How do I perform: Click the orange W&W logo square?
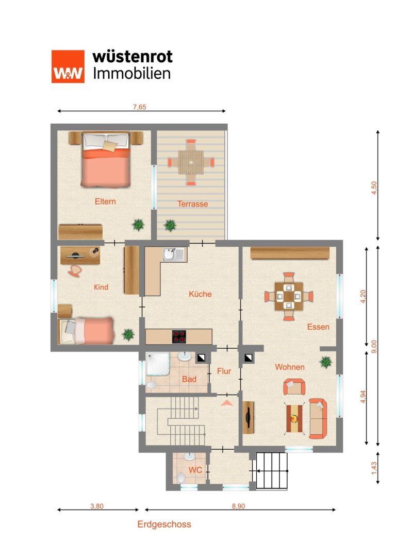68,66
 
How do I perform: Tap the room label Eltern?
105,201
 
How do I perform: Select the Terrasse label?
193,204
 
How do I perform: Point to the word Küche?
200,294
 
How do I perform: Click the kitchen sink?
174,254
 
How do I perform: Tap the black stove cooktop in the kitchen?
179,336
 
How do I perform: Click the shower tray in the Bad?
158,364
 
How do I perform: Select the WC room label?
195,470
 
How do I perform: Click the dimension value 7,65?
139,107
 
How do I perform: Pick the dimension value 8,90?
238,506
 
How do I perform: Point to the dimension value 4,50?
374,188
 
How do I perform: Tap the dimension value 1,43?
374,468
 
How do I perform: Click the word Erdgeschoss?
164,524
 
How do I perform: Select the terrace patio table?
191,162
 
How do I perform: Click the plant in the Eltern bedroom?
138,225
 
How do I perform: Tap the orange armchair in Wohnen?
294,387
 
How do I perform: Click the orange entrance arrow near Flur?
226,403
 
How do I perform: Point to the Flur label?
224,371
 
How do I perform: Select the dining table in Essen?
289,296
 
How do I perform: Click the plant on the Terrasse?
170,225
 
